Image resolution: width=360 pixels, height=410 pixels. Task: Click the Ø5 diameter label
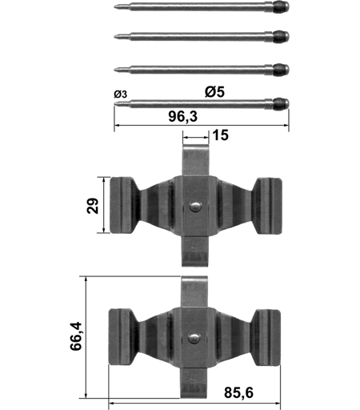(214, 92)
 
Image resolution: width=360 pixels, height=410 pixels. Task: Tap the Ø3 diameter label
(121, 94)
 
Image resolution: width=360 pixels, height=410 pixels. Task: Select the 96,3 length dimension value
(183, 117)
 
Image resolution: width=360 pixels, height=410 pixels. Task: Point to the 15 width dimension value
(221, 135)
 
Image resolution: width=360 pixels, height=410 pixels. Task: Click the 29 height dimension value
(93, 205)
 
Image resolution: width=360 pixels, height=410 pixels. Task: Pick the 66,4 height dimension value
(76, 336)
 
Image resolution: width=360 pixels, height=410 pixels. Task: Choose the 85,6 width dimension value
(238, 392)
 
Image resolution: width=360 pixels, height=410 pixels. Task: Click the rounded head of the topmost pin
(281, 6)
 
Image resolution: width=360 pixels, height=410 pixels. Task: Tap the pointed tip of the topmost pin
(115, 6)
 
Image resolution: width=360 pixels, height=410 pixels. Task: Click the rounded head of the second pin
(281, 36)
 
